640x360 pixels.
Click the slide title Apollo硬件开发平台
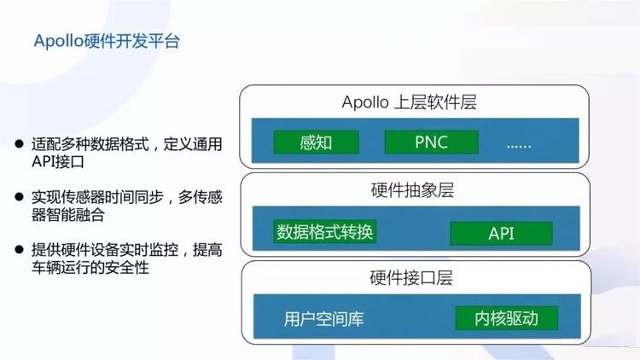point(107,41)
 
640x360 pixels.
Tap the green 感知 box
point(317,142)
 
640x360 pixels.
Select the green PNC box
point(432,142)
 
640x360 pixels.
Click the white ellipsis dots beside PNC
point(519,146)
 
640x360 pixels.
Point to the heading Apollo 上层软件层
point(409,102)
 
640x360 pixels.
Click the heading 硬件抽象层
point(412,190)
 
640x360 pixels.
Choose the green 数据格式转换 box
point(325,232)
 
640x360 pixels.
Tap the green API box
point(501,234)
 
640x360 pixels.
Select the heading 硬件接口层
point(411,278)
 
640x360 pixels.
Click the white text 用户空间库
point(323,319)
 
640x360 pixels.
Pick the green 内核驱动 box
point(507,318)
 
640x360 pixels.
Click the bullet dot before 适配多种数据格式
point(19,143)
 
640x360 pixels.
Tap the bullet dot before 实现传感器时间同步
point(19,197)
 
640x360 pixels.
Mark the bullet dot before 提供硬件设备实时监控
point(19,249)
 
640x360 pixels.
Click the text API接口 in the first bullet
point(58,162)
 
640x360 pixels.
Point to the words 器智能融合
point(68,215)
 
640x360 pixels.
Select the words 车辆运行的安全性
point(90,268)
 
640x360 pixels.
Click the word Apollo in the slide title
point(58,41)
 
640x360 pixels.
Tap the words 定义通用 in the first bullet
point(193,144)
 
